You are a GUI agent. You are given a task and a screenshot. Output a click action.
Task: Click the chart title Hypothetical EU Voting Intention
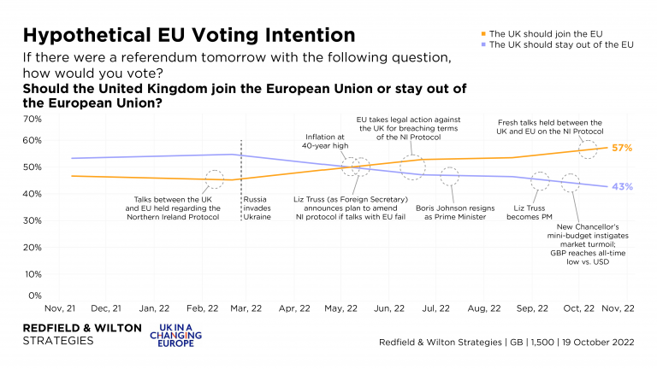[188, 35]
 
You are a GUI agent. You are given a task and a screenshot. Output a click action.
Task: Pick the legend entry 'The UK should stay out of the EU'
[560, 44]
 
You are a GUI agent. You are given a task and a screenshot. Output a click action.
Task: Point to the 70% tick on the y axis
[33, 119]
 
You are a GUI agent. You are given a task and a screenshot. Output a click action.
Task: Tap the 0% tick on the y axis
[35, 296]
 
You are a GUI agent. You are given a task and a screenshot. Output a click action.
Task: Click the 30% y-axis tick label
[33, 220]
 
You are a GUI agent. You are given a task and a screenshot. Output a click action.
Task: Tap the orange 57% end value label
[623, 148]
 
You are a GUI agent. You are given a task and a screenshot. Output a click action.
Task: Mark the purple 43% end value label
[623, 187]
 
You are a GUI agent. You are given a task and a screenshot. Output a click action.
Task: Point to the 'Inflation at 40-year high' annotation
[329, 140]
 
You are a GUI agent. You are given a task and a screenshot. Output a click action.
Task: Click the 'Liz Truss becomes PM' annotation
[539, 212]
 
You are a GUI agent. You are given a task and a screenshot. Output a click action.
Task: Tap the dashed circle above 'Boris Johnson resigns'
[450, 177]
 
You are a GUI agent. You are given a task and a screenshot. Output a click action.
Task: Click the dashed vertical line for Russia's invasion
[242, 179]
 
